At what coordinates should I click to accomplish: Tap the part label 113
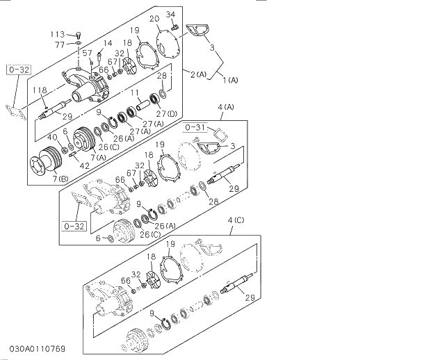(57, 34)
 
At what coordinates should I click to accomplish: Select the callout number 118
(38, 90)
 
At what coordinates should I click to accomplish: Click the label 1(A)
(230, 80)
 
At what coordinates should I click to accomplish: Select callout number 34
(171, 15)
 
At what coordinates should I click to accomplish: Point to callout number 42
(85, 165)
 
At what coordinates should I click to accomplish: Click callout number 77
(60, 44)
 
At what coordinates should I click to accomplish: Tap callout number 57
(87, 53)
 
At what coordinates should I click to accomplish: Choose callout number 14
(108, 43)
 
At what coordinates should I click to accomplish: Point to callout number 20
(154, 18)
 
